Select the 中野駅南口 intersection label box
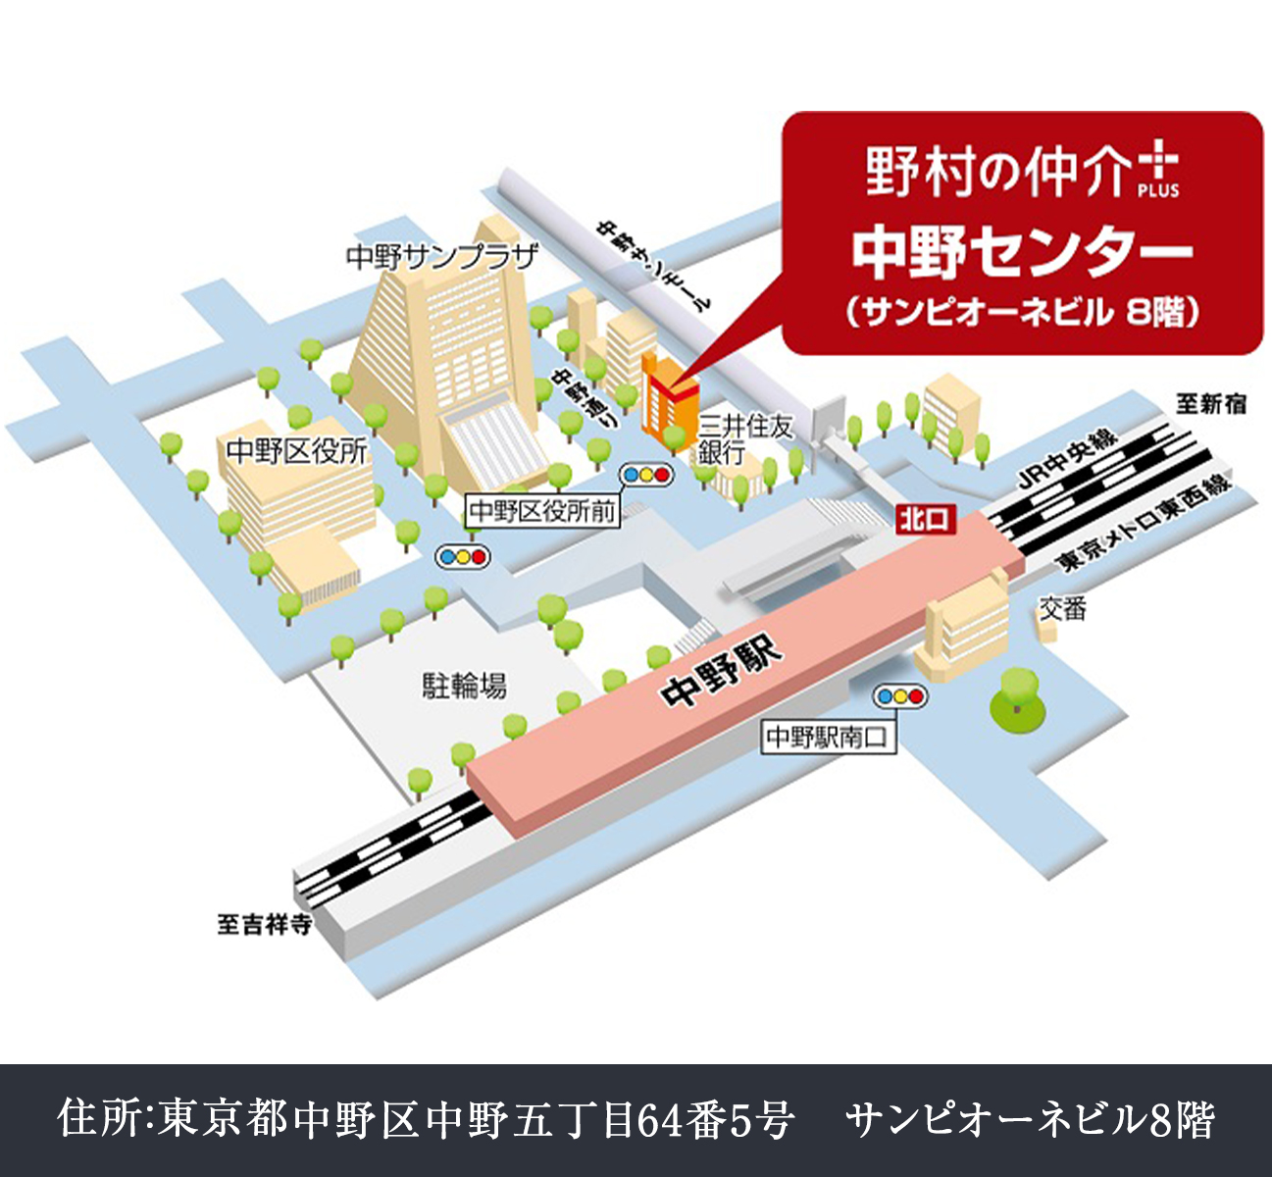click(829, 738)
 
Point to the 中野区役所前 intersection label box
click(542, 511)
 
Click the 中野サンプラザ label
click(442, 257)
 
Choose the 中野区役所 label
click(297, 451)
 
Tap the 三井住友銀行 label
click(743, 438)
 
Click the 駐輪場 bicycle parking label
click(464, 685)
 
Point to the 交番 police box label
click(1062, 609)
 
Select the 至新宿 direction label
click(1211, 403)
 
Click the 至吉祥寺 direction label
click(265, 924)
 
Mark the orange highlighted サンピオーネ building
click(668, 396)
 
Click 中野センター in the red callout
click(1021, 252)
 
